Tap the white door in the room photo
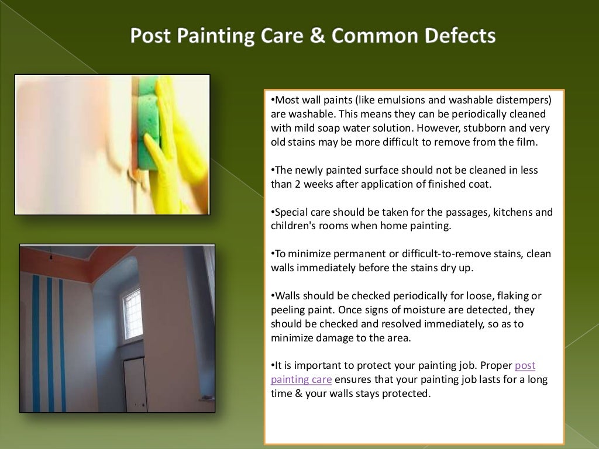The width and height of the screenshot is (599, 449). click(135, 383)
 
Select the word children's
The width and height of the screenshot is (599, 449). click(294, 226)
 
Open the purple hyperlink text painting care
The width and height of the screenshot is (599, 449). click(301, 380)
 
